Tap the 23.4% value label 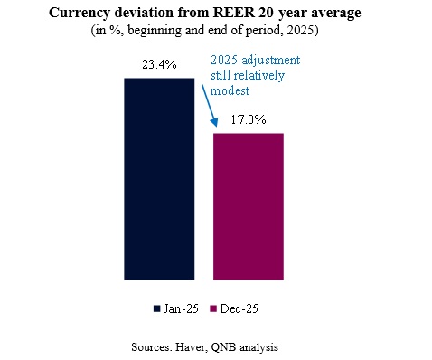coord(158,66)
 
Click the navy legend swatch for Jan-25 coord(157,308)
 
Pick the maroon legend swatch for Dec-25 coord(214,308)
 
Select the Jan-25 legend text coord(179,308)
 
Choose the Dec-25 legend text coord(238,308)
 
